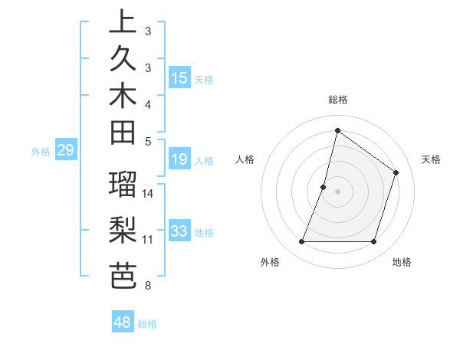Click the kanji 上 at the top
123,22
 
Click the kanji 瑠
123,185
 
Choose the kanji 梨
123,231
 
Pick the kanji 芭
123,275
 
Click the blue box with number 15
179,78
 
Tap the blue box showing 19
179,160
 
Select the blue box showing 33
179,231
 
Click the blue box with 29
65,151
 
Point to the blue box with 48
122,322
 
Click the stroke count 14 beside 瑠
148,193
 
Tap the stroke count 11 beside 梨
147,240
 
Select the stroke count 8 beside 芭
147,286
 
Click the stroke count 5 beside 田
147,141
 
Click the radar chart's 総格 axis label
337,100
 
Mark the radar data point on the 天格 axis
396,172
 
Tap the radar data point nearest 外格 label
301,242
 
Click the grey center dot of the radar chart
337,191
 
